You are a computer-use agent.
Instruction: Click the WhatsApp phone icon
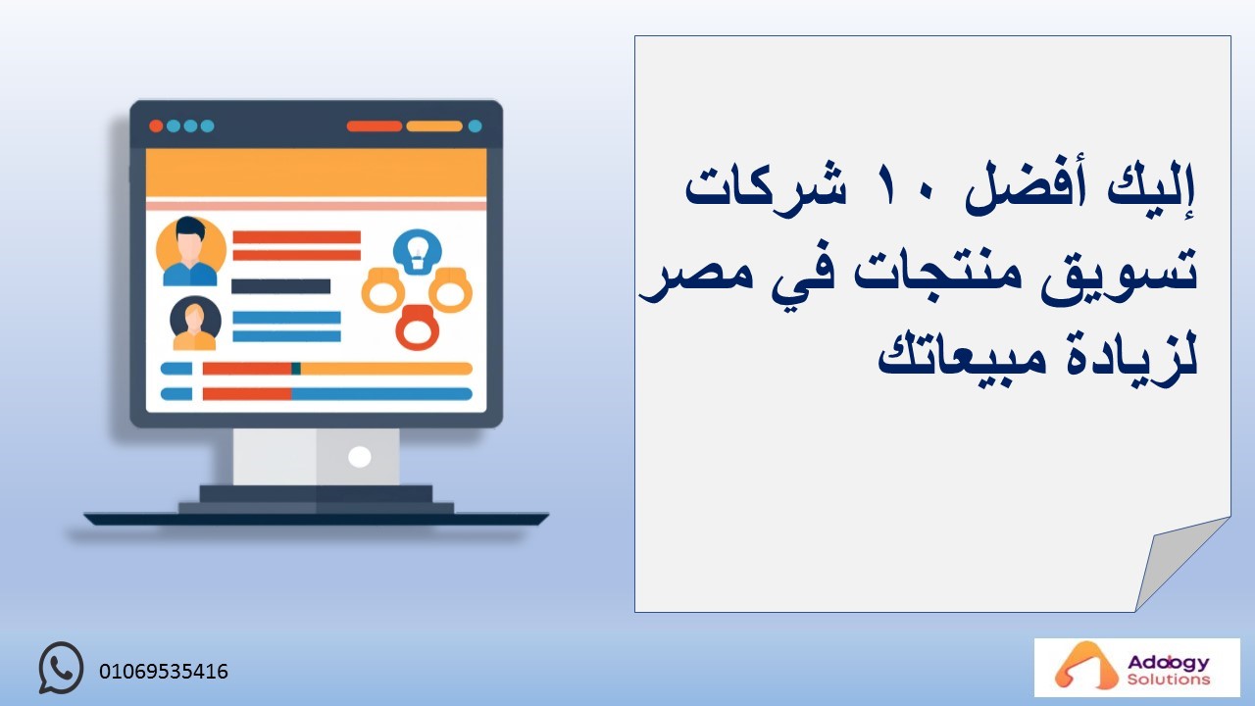point(61,668)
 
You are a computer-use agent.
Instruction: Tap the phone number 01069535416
point(164,672)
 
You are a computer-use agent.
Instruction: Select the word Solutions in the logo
point(1168,680)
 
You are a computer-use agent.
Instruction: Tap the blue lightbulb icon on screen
point(417,252)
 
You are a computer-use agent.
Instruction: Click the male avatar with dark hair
point(190,251)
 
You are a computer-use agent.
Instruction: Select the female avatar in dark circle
point(195,324)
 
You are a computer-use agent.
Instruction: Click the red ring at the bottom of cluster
point(417,328)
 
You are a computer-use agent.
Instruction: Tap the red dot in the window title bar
point(156,126)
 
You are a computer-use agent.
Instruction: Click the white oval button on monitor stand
point(359,457)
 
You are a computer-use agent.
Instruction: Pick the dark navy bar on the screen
point(280,286)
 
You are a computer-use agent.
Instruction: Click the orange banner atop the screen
point(316,173)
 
